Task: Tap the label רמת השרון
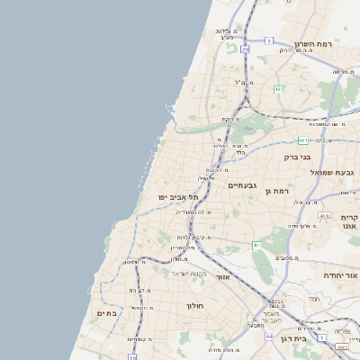[313, 44]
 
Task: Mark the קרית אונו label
[350, 223]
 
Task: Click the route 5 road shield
[268, 40]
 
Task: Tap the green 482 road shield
[279, 88]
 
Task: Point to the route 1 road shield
[321, 337]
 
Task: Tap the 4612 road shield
[323, 216]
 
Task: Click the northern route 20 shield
[245, 49]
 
